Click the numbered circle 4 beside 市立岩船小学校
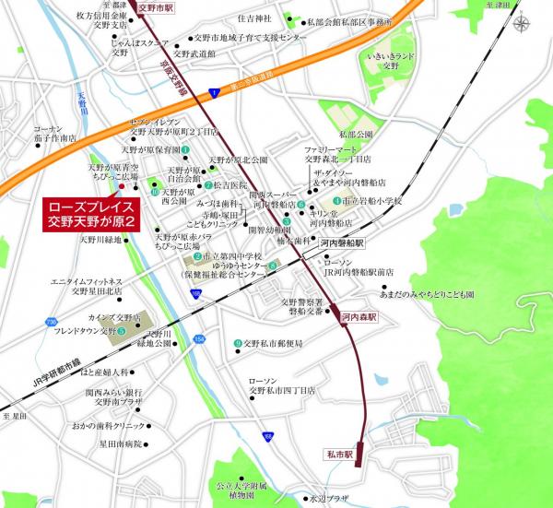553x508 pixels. click(x=336, y=199)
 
